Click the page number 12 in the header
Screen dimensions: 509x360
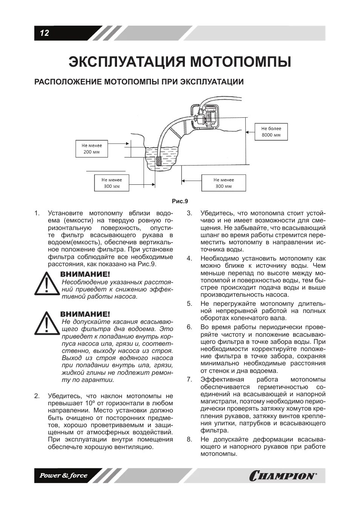click(44, 33)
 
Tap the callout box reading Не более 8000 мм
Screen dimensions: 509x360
click(271, 132)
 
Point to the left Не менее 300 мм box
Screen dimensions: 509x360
click(111, 183)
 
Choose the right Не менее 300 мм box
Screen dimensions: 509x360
click(223, 183)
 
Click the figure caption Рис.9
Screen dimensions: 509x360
click(180, 201)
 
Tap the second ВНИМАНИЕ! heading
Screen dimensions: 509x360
click(85, 314)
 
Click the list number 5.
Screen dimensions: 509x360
click(189, 304)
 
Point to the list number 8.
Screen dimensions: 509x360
click(189, 439)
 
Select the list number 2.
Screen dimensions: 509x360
click(37, 396)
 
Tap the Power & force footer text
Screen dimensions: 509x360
click(64, 475)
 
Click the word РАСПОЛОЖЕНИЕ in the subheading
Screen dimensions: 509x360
click(67, 82)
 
